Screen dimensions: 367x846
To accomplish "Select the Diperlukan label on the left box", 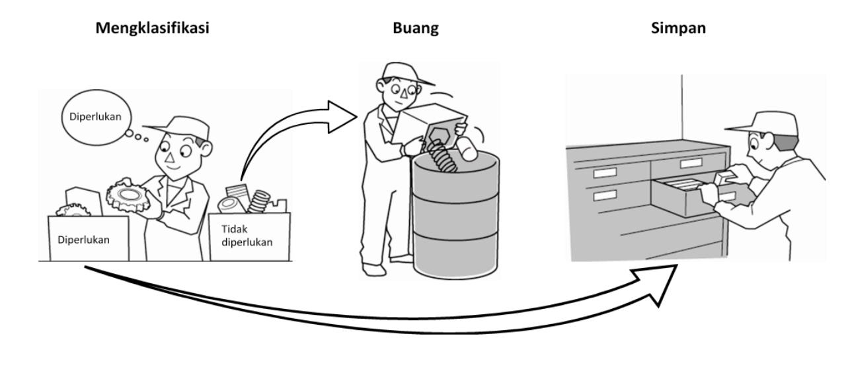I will click(83, 239).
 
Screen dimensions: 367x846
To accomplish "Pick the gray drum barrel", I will click(456, 218).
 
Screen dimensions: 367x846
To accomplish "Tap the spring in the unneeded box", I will click(259, 201).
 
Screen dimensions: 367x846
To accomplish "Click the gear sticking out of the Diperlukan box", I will click(72, 211).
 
